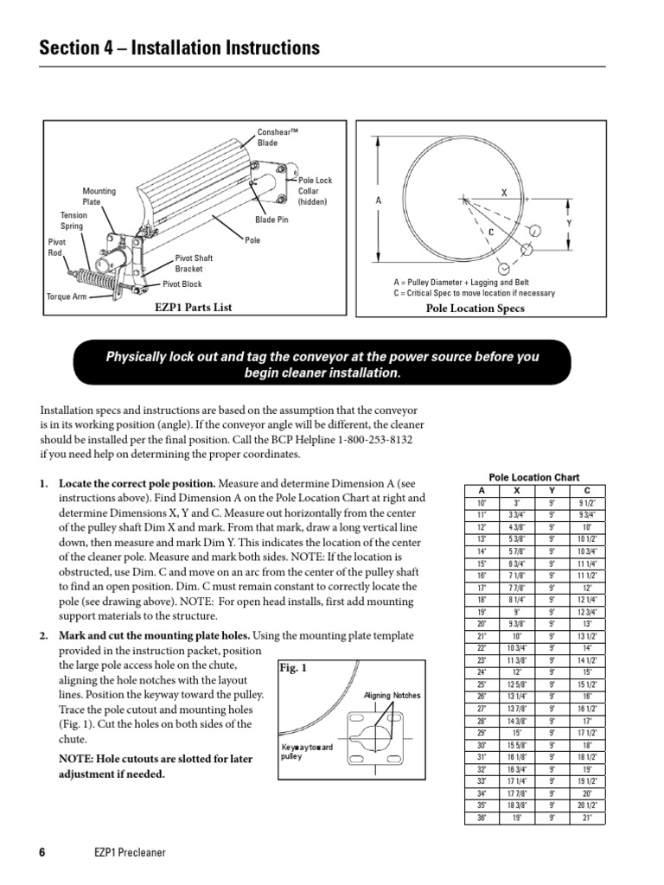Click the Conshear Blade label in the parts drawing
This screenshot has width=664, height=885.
pyautogui.click(x=274, y=137)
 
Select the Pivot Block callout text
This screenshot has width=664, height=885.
pyautogui.click(x=182, y=283)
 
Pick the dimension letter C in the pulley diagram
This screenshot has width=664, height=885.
pyautogui.click(x=490, y=232)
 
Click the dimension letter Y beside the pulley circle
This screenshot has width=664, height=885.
pyautogui.click(x=569, y=222)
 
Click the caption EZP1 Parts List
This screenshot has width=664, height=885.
pyautogui.click(x=194, y=307)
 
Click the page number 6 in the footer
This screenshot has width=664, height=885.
pyautogui.click(x=42, y=852)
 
